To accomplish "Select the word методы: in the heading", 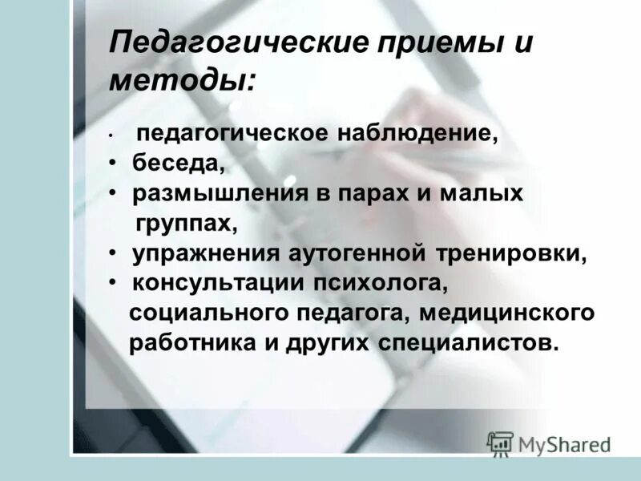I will click(x=183, y=80).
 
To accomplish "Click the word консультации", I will click(x=212, y=283).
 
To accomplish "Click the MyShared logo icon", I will click(x=500, y=442).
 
